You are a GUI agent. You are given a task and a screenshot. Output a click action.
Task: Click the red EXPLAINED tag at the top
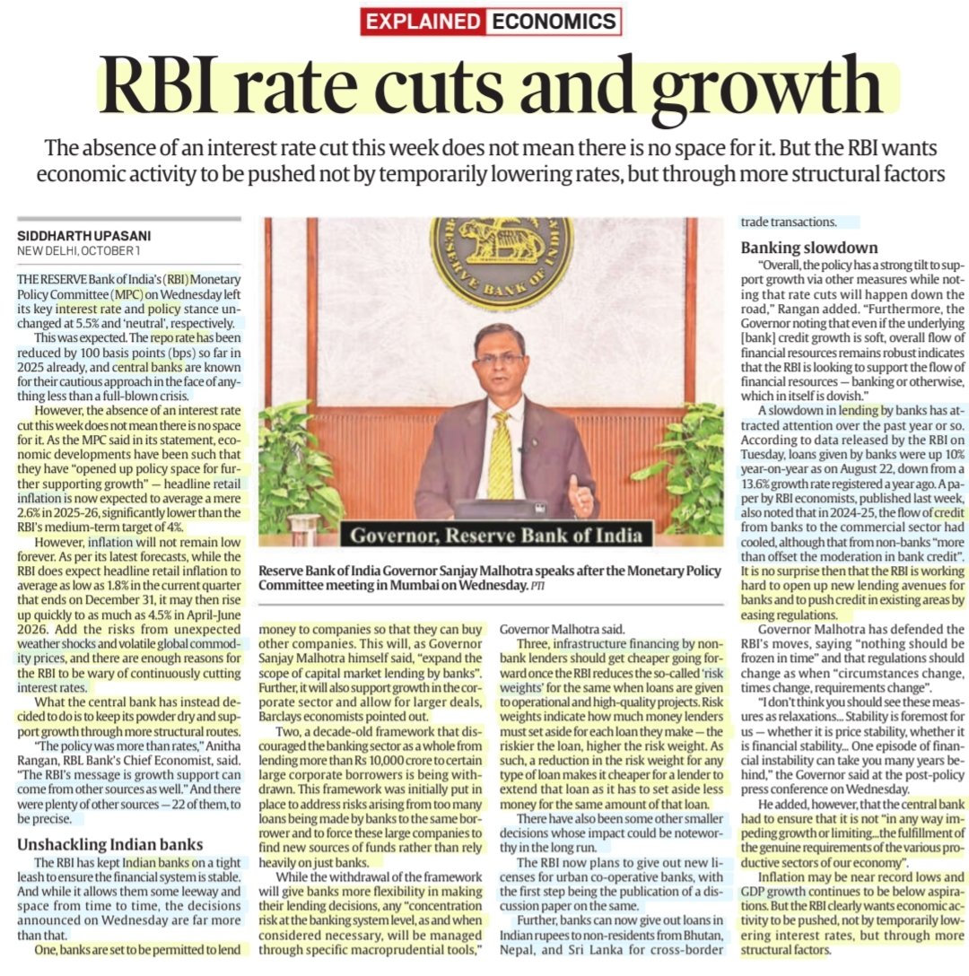422,22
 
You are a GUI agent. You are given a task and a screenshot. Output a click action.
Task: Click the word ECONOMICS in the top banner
552,22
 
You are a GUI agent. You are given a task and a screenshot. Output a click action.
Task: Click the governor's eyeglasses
500,358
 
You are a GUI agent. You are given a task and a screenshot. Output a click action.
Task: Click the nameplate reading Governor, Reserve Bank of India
496,536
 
